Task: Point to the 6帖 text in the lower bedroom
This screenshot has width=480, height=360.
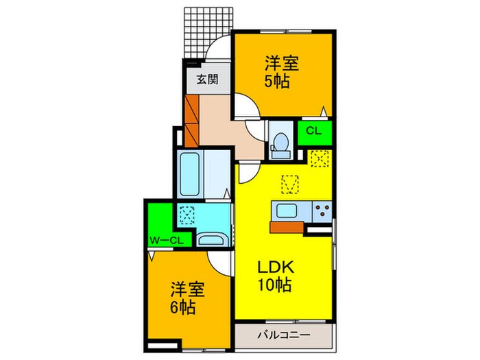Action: pyautogui.click(x=183, y=305)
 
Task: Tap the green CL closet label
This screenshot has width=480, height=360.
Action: pyautogui.click(x=313, y=131)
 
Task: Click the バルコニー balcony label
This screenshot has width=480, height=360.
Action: pyautogui.click(x=283, y=335)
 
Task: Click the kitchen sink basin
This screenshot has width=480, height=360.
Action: pyautogui.click(x=285, y=211)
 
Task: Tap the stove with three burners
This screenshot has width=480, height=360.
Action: pyautogui.click(x=320, y=211)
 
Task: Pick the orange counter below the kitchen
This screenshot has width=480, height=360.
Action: pyautogui.click(x=287, y=227)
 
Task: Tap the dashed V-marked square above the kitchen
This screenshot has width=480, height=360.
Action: pyautogui.click(x=291, y=184)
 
